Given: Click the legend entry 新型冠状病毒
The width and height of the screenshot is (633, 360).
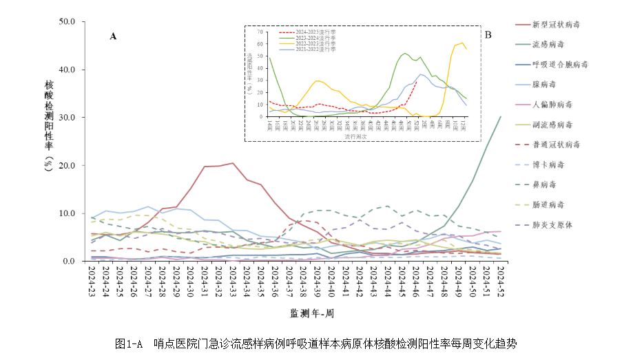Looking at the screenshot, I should [x=556, y=25].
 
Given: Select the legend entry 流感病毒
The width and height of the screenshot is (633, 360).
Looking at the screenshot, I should [x=552, y=45].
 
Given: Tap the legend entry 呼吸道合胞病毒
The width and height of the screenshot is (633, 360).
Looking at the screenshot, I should [x=561, y=65].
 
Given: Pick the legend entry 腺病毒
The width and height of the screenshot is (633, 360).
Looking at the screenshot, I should [x=547, y=85].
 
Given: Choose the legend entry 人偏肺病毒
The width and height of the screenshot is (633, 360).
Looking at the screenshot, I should [x=552, y=105].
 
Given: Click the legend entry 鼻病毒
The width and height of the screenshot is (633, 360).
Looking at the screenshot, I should [x=547, y=185].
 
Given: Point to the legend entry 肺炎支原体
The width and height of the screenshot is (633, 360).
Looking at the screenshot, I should [x=552, y=225].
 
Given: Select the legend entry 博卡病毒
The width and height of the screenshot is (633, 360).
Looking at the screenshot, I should [x=552, y=165].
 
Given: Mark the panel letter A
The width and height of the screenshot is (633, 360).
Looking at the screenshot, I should [x=113, y=37].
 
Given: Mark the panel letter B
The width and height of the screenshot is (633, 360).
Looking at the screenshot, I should [x=488, y=34].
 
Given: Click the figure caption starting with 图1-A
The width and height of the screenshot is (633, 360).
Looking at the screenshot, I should [x=315, y=343].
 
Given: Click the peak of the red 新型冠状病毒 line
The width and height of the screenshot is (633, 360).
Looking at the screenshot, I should [x=233, y=163].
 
